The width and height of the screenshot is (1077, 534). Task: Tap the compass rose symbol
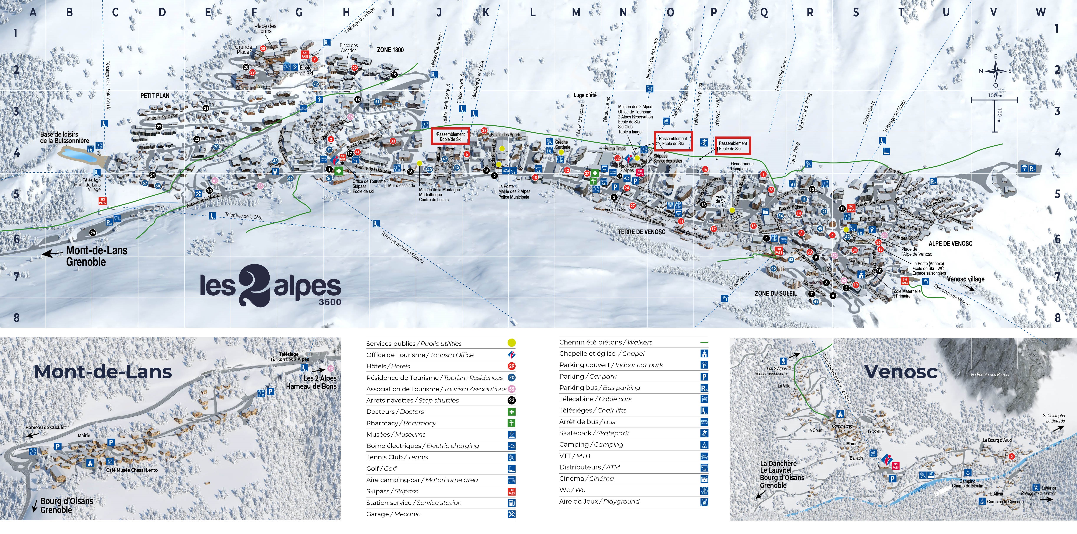click(995, 71)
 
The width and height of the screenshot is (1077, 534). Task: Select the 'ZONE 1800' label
click(390, 50)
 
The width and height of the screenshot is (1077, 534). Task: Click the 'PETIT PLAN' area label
click(155, 96)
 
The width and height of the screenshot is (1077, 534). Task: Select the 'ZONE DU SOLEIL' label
click(775, 293)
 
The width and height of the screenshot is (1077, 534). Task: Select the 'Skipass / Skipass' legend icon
click(511, 491)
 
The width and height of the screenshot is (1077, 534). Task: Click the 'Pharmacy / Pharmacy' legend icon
click(511, 423)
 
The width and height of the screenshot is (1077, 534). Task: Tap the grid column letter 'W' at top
click(1041, 12)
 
